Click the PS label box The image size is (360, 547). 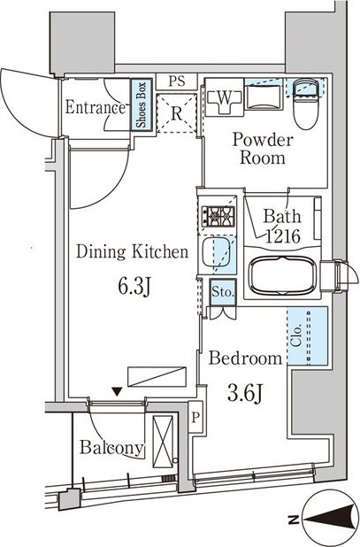coord(177,81)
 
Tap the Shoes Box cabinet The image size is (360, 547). coord(142,105)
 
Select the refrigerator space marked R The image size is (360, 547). coord(177,113)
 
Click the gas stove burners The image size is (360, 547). coord(218,216)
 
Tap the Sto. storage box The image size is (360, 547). coord(223,292)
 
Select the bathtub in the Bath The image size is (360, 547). coord(282,276)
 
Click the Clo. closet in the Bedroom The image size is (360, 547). coord(308,336)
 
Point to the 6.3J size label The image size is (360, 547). coord(134,287)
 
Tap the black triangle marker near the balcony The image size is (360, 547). coord(118,392)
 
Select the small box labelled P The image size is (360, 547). coord(195,417)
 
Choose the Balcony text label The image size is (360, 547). coord(111,447)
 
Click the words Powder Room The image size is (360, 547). coord(263,149)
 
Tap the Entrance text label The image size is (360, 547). coord(96,107)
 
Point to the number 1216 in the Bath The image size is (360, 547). coord(283,236)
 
